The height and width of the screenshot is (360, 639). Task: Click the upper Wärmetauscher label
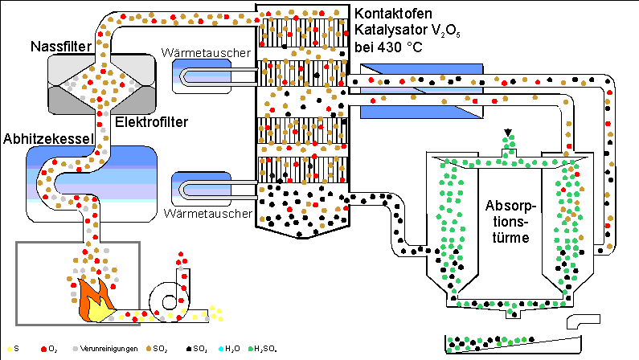(x=207, y=53)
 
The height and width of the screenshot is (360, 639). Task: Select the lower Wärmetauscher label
(x=207, y=215)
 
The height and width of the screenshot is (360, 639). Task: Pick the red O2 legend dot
(x=43, y=348)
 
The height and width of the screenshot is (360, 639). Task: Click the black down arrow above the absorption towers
(x=508, y=132)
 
